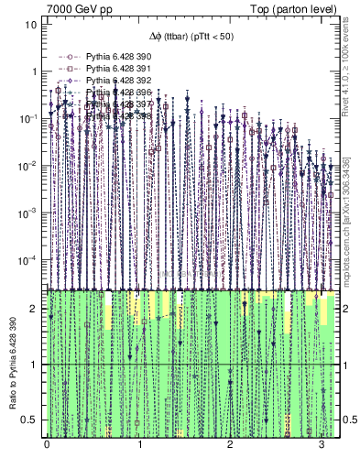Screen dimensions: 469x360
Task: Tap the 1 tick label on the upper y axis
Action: (34, 71)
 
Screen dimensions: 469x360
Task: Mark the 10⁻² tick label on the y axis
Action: (27, 166)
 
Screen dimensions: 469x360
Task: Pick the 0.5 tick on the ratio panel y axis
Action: (30, 420)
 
